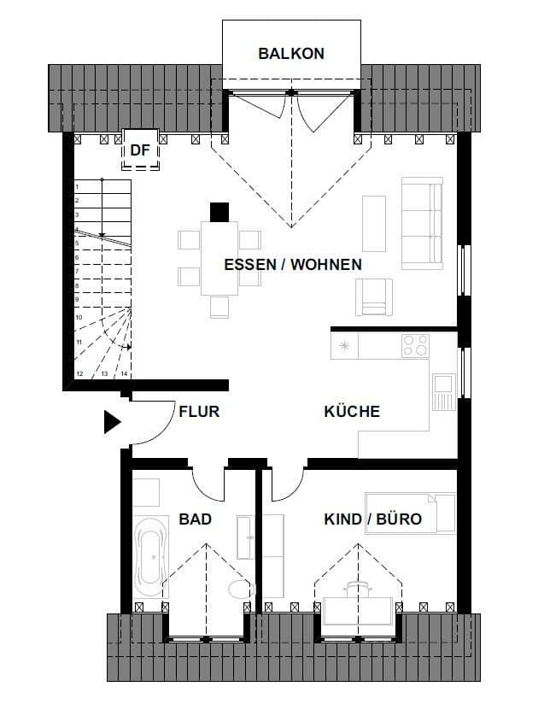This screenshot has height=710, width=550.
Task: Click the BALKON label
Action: click(x=291, y=53)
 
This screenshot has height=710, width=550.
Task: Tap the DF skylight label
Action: click(x=140, y=150)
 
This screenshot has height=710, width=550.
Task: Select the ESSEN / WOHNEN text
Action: click(x=293, y=264)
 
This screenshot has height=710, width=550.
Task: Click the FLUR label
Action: click(x=199, y=411)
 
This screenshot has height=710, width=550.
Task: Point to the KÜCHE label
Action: click(x=352, y=411)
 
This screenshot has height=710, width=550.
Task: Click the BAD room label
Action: click(x=196, y=519)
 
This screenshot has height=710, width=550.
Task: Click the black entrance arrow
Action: click(x=113, y=422)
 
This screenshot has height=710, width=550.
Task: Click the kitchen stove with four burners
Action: click(x=416, y=346)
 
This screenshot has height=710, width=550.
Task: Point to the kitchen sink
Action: click(x=443, y=392)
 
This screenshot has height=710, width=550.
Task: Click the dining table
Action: click(x=219, y=257)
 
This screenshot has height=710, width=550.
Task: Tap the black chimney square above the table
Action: click(x=219, y=211)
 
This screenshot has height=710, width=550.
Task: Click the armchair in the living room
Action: click(x=375, y=296)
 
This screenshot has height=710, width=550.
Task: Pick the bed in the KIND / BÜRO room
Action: click(x=410, y=512)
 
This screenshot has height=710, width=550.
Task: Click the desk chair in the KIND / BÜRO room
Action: click(x=358, y=588)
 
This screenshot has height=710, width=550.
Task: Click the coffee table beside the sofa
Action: click(x=374, y=223)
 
